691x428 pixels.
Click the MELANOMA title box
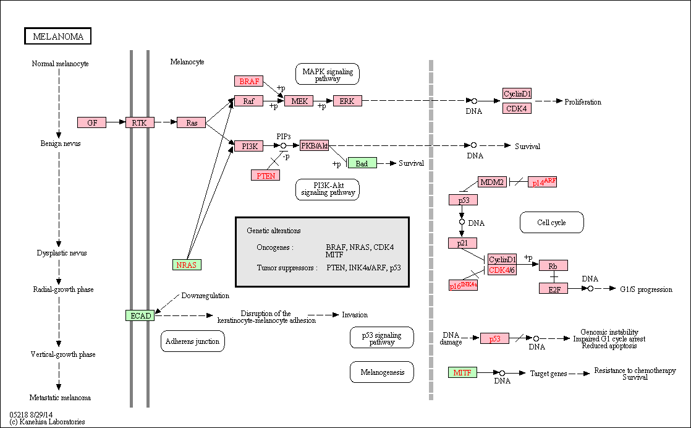pyautogui.click(x=57, y=36)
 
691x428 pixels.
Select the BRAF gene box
pyautogui.click(x=249, y=81)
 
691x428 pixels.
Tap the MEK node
pyautogui.click(x=299, y=101)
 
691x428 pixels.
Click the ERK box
pyautogui.click(x=347, y=101)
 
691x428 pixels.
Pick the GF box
pyautogui.click(x=91, y=122)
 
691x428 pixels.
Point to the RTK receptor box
pyautogui.click(x=140, y=122)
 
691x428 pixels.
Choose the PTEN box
pyautogui.click(x=266, y=176)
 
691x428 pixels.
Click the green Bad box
pyautogui.click(x=362, y=163)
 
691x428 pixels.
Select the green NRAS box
pyautogui.click(x=187, y=265)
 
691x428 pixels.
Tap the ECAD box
pyautogui.click(x=140, y=315)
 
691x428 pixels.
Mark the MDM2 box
pyautogui.click(x=492, y=182)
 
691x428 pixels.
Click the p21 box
pyautogui.click(x=463, y=243)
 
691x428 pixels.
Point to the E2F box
pyautogui.click(x=554, y=288)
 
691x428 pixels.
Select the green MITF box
pyautogui.click(x=463, y=372)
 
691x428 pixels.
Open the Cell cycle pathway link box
pyautogui.click(x=552, y=223)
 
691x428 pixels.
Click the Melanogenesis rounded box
pyautogui.click(x=382, y=372)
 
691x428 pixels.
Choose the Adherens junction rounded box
pyautogui.click(x=193, y=341)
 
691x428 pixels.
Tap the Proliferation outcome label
pyautogui.click(x=583, y=102)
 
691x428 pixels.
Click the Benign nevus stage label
pyautogui.click(x=61, y=143)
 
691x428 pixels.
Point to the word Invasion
pyautogui.click(x=355, y=315)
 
